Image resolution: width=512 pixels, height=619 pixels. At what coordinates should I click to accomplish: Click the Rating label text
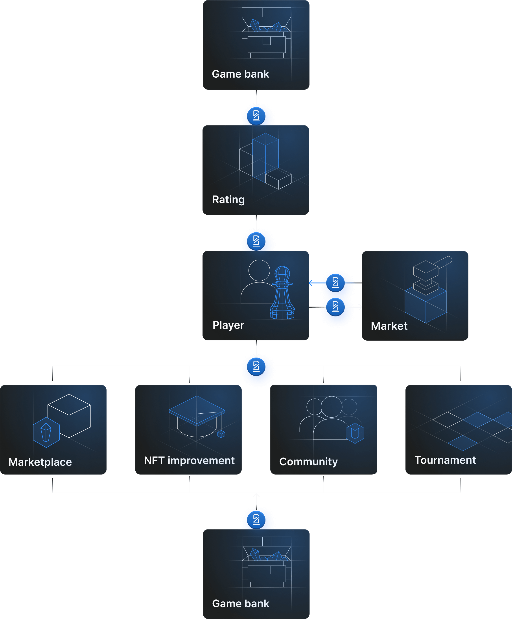click(x=228, y=200)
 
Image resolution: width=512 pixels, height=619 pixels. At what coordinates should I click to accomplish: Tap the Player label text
click(x=228, y=325)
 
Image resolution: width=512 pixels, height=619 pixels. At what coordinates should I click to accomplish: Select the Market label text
click(x=389, y=326)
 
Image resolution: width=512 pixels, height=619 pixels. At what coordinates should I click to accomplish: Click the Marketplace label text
click(x=40, y=462)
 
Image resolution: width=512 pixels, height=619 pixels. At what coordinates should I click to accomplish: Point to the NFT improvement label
click(x=189, y=460)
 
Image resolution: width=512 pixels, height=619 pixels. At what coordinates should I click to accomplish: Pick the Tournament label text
click(x=445, y=460)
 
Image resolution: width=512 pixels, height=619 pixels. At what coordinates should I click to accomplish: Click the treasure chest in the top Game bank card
click(x=266, y=34)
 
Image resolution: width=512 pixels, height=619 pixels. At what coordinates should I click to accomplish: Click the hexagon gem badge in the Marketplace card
click(x=46, y=433)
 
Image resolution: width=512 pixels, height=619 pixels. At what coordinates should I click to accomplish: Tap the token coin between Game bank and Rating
click(x=256, y=116)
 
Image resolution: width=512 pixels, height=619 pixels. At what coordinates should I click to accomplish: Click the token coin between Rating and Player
click(x=256, y=242)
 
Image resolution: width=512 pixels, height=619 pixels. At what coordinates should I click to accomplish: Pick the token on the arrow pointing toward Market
click(x=335, y=307)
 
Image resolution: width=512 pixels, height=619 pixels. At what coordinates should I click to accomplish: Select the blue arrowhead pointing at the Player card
click(x=311, y=283)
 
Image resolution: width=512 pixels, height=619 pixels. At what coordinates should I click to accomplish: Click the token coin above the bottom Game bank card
click(x=256, y=520)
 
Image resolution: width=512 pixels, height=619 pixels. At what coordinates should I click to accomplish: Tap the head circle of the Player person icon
click(x=259, y=270)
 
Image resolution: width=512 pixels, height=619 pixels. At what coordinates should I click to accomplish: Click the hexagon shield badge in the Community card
click(x=355, y=433)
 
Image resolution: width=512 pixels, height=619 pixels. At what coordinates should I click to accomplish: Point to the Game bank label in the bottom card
click(x=240, y=603)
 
